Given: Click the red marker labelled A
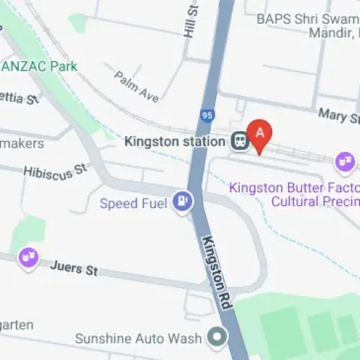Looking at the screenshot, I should tap(260, 133).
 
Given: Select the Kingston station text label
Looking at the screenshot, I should tap(175, 141).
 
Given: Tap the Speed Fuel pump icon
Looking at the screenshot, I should tap(183, 202).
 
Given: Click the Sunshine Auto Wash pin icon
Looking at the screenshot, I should tap(215, 336).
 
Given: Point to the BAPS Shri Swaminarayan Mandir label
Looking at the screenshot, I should tap(307, 19).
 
